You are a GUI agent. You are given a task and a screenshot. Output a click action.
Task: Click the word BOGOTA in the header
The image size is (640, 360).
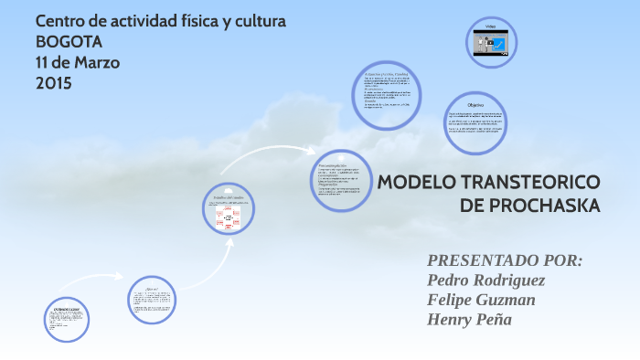point(69,41)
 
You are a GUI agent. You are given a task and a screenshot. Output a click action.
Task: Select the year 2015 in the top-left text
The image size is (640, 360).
point(53,83)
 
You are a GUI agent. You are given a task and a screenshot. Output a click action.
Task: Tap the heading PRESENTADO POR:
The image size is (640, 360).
point(505,260)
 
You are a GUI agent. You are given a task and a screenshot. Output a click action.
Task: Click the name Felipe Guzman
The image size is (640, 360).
point(481,300)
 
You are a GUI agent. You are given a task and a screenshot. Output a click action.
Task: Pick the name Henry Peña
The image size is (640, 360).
point(469,320)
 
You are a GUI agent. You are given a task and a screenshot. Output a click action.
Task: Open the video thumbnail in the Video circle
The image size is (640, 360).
point(489,43)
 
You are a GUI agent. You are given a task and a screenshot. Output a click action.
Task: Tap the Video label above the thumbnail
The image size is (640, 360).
point(490,25)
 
